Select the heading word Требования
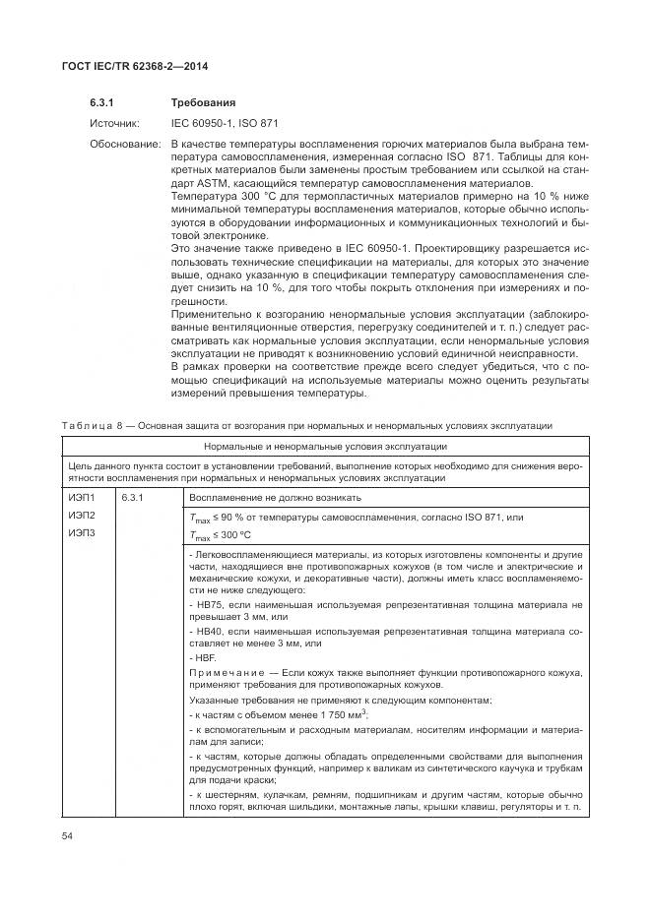click(202, 102)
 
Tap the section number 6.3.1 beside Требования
click(103, 102)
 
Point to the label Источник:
click(116, 124)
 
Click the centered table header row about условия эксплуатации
click(325, 447)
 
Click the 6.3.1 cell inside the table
click(134, 499)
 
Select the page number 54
click(68, 836)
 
